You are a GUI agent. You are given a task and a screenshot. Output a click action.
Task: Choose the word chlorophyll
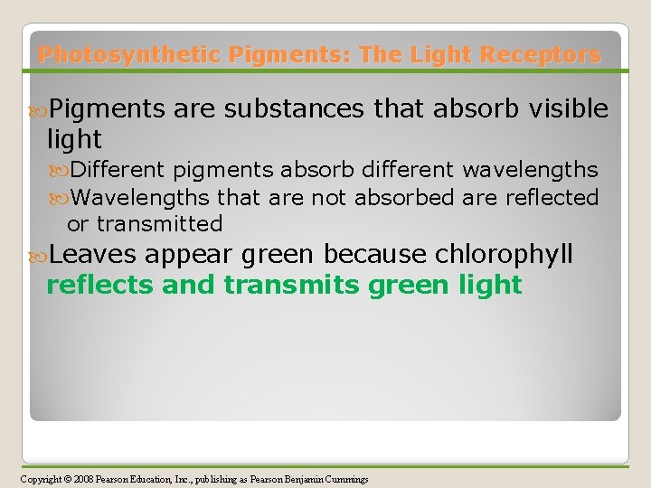pyautogui.click(x=505, y=255)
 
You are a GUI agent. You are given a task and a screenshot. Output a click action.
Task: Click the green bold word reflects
pyautogui.click(x=100, y=286)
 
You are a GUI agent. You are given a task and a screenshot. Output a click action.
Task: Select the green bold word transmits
pyautogui.click(x=295, y=286)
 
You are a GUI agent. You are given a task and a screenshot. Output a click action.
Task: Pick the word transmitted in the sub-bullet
pyautogui.click(x=159, y=223)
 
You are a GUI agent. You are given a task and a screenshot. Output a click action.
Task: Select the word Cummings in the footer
pyautogui.click(x=344, y=479)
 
